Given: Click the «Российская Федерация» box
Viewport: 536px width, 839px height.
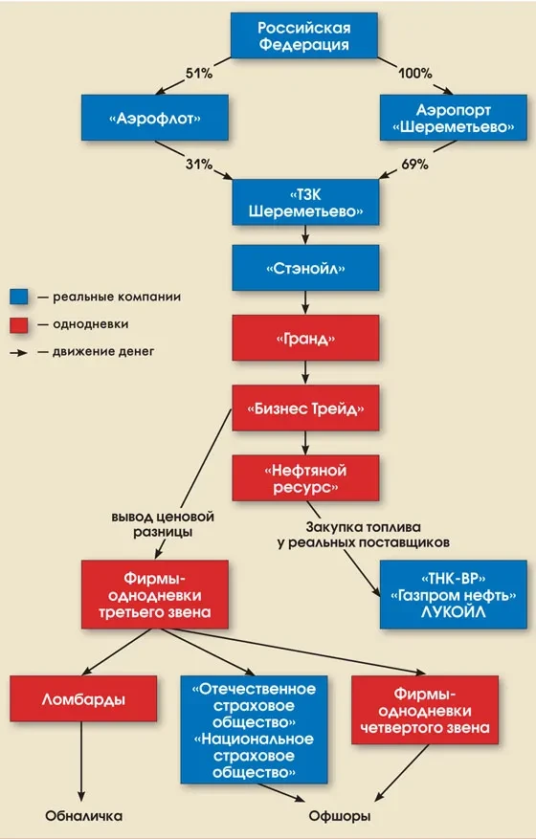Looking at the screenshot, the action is point(304,35).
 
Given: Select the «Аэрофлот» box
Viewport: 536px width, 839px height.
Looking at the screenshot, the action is point(155,118).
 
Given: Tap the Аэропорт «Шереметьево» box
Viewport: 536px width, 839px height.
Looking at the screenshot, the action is point(454,118).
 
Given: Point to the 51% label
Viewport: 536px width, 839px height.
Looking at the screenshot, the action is point(199,74).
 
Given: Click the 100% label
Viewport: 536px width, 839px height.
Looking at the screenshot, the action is point(415,74).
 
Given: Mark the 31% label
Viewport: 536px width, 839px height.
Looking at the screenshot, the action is point(199,165).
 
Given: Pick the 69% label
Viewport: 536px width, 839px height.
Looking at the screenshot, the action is point(415,165).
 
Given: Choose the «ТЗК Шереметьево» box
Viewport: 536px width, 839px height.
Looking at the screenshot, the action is point(305,202).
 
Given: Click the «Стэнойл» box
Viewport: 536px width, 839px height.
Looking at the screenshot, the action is point(305,268).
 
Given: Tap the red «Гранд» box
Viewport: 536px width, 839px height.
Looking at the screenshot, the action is point(305,338).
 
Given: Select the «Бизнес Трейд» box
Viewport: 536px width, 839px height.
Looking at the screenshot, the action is point(305,408).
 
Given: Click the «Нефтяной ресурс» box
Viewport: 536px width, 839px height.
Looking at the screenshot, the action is point(305,478).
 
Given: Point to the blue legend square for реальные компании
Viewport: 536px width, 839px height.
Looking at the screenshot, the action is point(19,297).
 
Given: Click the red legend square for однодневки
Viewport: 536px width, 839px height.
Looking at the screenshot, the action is point(19,325).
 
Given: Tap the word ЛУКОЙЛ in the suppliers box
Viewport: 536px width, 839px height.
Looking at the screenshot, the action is point(453,612).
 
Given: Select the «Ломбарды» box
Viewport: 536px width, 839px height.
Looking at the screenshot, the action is point(83,698).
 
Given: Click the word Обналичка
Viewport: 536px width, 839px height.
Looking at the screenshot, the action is point(83,816).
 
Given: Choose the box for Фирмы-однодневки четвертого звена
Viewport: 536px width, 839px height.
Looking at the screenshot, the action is point(425,710).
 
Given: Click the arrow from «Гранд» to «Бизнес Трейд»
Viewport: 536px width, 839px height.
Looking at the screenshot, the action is point(305,372).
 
